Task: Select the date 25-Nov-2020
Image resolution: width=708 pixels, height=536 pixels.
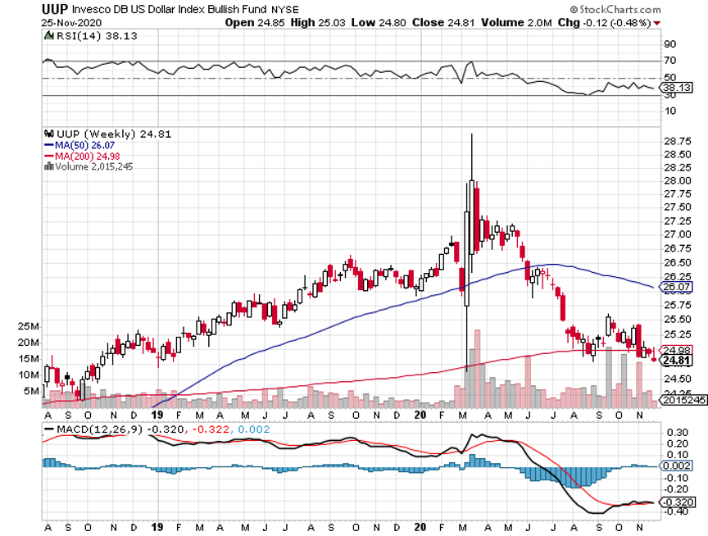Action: tap(68, 22)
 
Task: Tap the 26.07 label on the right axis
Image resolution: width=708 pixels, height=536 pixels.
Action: tap(676, 288)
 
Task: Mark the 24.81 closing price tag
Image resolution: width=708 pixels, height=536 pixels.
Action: tap(676, 360)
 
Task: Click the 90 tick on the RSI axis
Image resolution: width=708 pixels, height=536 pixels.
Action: tap(670, 44)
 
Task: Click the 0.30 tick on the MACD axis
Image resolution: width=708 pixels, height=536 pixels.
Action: tap(676, 432)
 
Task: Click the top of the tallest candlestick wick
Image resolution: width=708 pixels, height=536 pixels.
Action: tap(472, 134)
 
